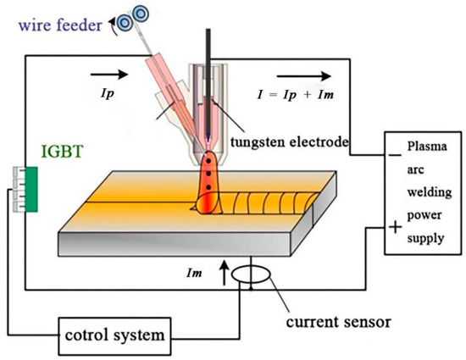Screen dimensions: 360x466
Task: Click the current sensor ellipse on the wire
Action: click(252, 276)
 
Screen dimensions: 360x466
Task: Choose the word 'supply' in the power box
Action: click(424, 239)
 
